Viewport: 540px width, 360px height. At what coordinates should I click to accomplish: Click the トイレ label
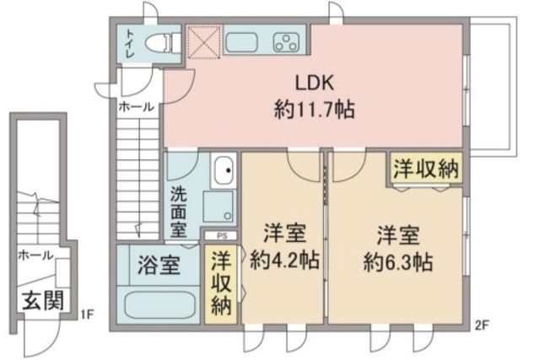pos(130,42)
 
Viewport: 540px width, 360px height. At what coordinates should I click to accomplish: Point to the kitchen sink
pos(245,41)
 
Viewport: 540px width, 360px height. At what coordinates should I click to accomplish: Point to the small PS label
pos(222,237)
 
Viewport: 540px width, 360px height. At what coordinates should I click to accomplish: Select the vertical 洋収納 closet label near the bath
pos(221,284)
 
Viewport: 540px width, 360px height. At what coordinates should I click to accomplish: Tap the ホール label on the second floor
pos(136,107)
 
